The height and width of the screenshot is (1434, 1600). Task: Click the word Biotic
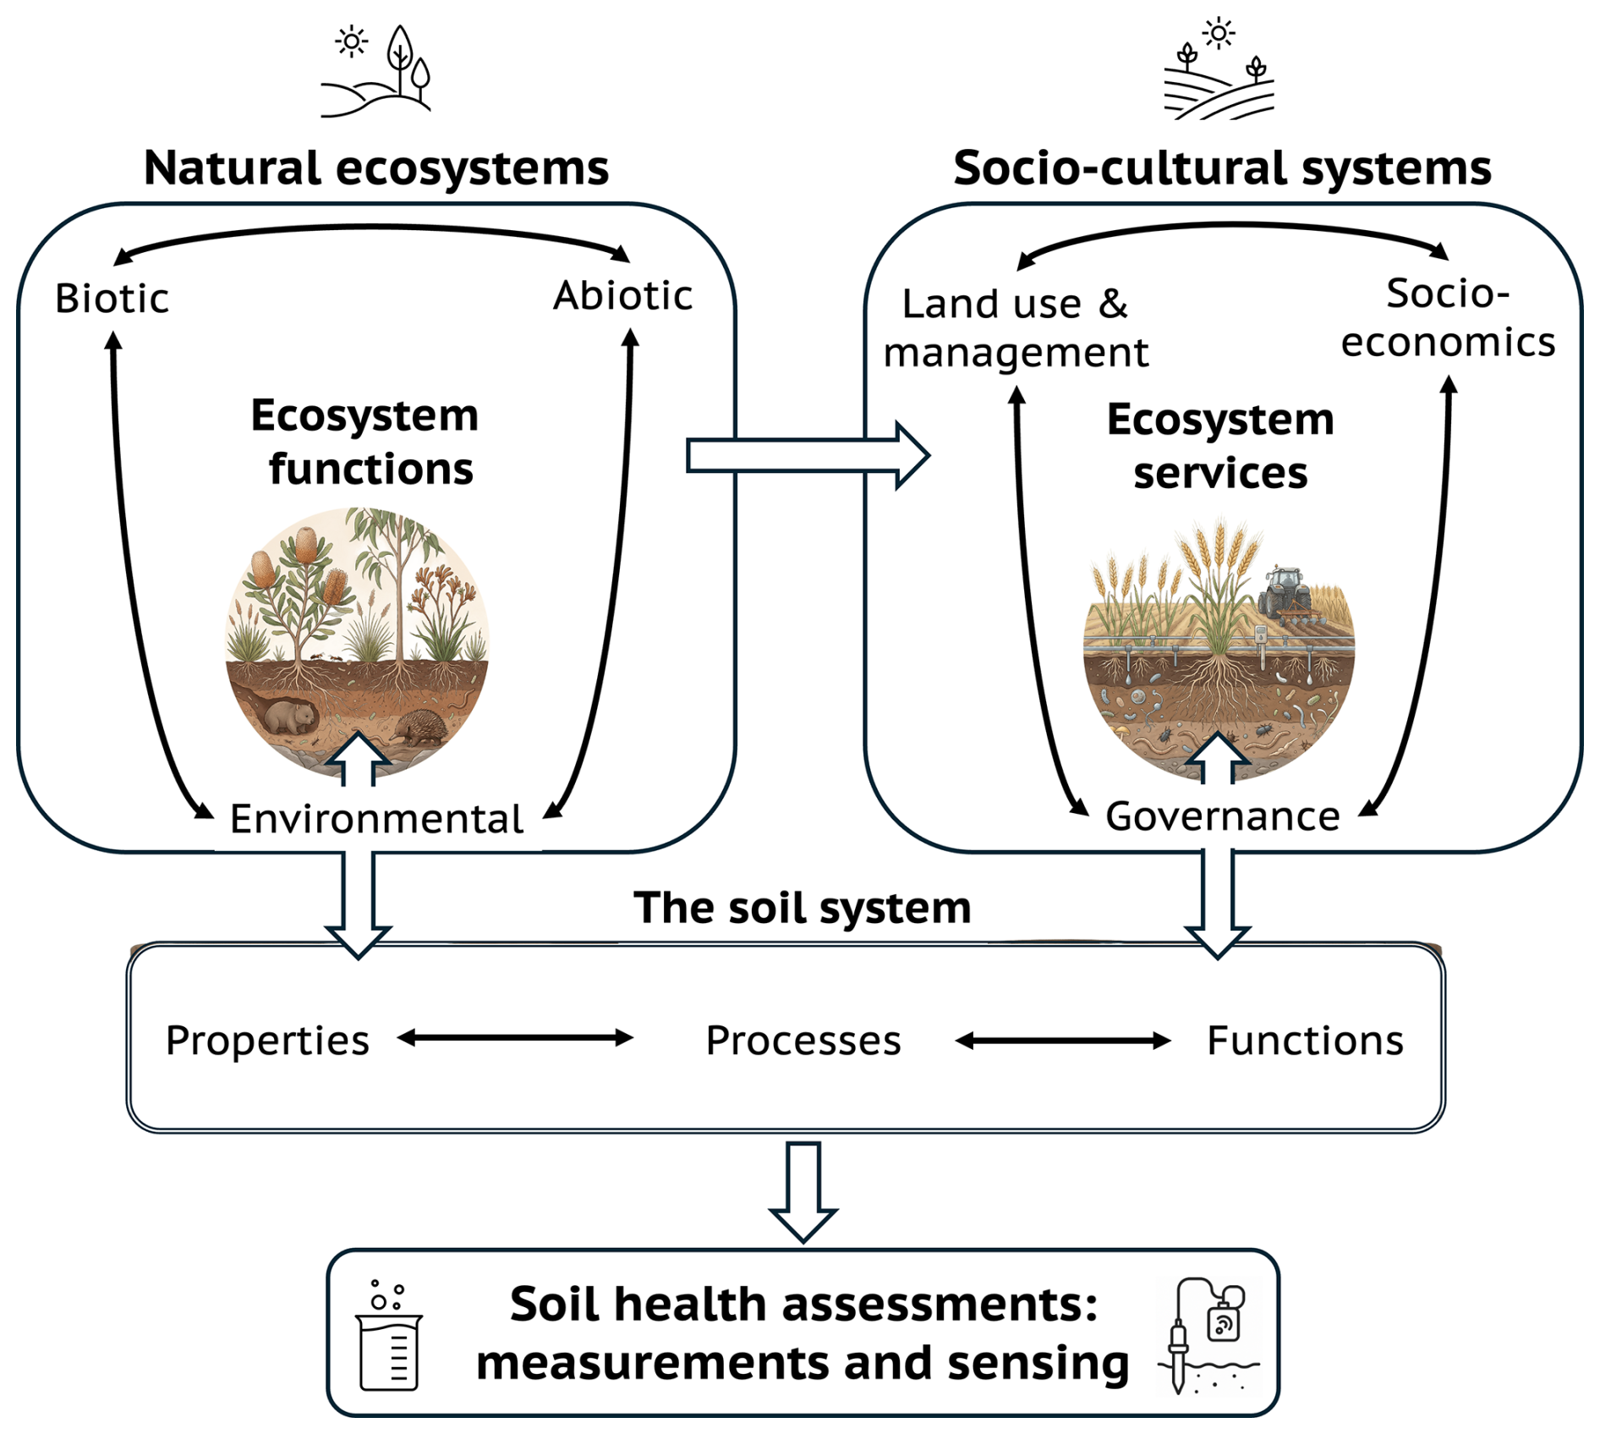coord(112,299)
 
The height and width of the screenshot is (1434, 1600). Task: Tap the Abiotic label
coord(622,296)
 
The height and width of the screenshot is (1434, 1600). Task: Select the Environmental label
coord(376,819)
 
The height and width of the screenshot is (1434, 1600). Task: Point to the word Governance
coord(1222,816)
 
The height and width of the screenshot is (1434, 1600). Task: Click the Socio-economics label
coord(1447,318)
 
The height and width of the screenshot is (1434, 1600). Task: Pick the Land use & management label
coord(1015,328)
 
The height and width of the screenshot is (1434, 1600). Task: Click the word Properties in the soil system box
coord(267,1040)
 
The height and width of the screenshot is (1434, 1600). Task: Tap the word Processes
coord(803,1040)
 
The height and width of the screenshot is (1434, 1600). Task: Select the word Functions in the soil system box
coord(1304,1040)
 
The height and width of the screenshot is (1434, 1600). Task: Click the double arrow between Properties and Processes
coord(515,1038)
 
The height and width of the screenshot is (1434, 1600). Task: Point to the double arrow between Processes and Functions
coord(1062,1041)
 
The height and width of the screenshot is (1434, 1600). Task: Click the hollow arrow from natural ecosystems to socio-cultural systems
coord(808,456)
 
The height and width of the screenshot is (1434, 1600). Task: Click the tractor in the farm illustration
coord(1285,591)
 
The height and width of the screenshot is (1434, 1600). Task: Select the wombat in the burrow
coord(289,715)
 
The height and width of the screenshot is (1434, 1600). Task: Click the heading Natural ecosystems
coord(376,168)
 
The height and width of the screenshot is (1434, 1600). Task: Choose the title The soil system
coord(802,908)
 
